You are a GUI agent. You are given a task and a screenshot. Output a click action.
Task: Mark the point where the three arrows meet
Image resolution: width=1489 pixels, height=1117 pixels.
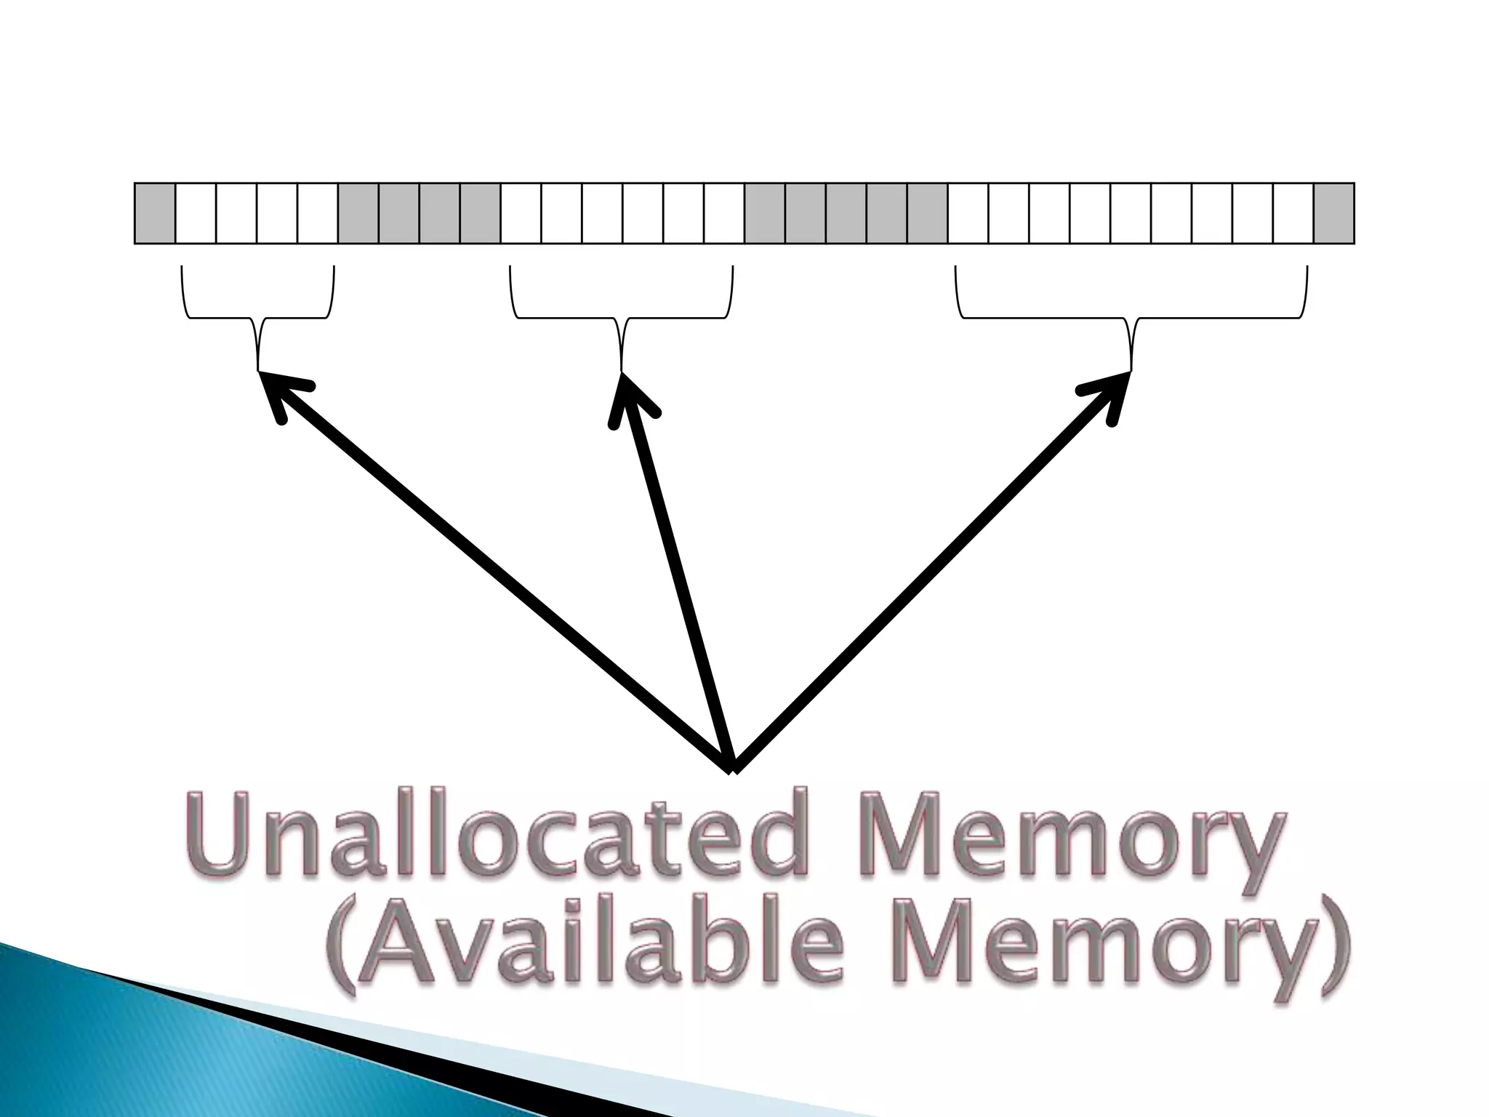coord(733,766)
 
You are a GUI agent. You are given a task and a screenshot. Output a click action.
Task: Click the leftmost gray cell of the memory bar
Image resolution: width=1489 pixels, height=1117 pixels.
coord(155,213)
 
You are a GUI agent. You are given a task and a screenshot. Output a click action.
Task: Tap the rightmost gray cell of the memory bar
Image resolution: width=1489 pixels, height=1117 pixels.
coord(1333,213)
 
